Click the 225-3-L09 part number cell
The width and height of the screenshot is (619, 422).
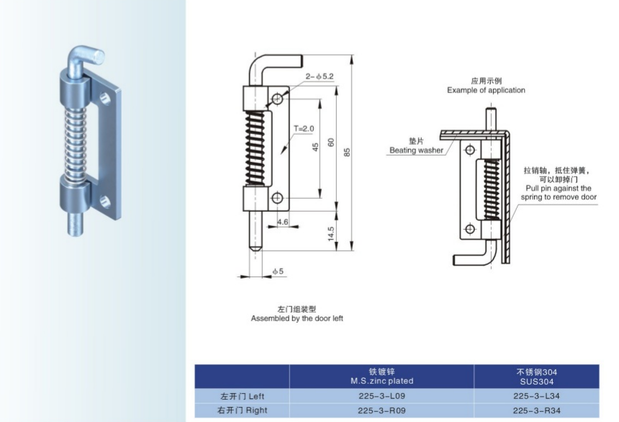click(x=381, y=395)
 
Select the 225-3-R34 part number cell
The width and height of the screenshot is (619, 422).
click(x=536, y=411)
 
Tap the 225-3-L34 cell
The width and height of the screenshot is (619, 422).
click(x=536, y=395)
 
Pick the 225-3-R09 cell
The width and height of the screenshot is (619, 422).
click(x=381, y=411)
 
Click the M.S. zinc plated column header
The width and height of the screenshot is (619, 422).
click(x=381, y=377)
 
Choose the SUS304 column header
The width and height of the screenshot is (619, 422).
click(x=536, y=377)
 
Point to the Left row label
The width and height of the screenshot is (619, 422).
click(x=242, y=395)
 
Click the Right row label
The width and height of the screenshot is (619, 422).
click(x=242, y=411)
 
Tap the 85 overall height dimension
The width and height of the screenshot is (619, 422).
click(x=347, y=152)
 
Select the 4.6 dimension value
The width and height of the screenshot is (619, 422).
click(x=282, y=223)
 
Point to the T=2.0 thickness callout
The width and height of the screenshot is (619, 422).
click(x=304, y=129)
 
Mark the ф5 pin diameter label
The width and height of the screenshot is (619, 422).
click(x=278, y=272)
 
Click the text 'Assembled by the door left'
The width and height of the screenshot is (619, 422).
click(x=297, y=318)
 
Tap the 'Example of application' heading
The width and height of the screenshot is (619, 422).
click(x=486, y=90)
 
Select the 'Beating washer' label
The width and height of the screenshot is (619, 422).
click(x=416, y=151)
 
